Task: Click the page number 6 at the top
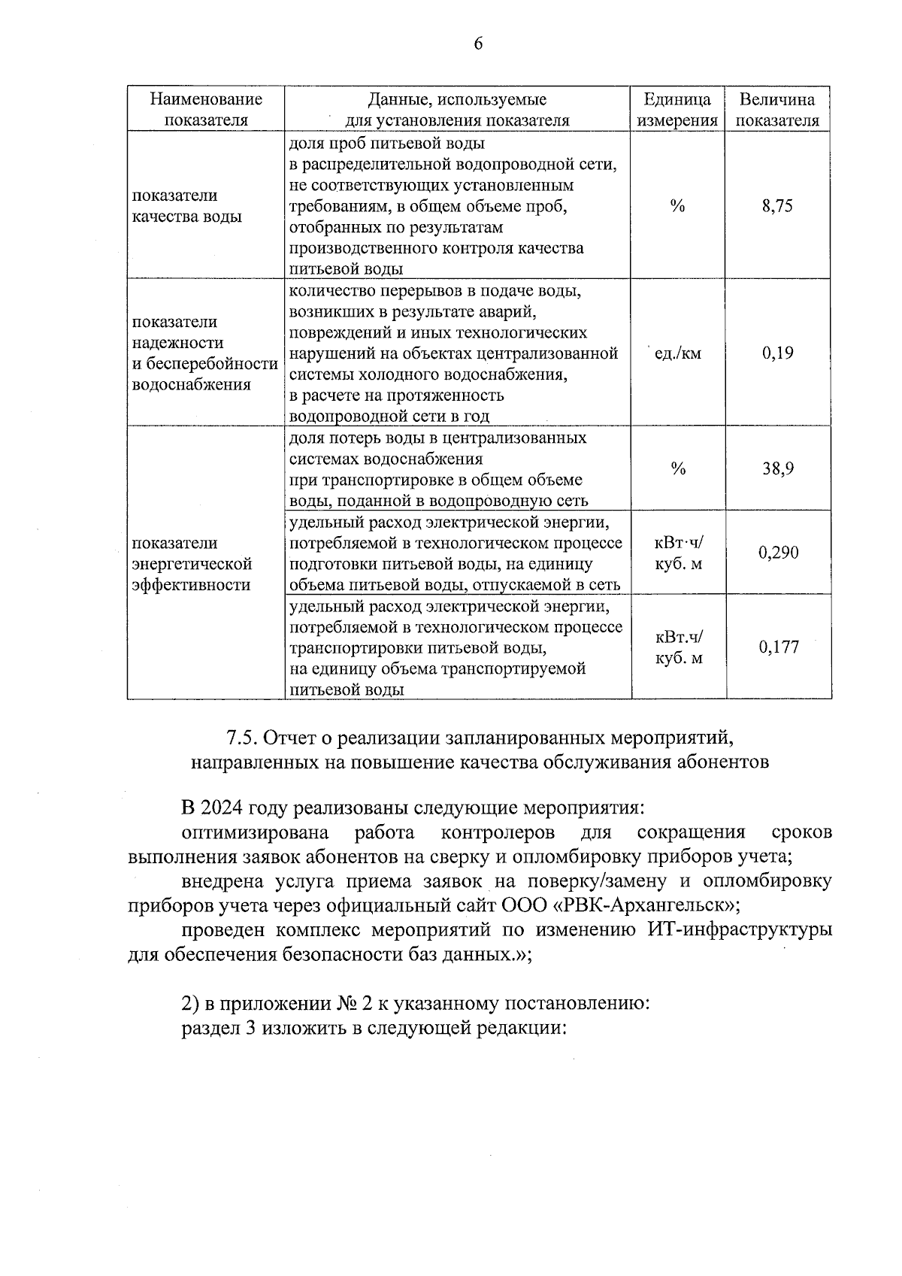click(x=477, y=44)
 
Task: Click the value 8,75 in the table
click(x=777, y=206)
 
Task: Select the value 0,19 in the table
click(x=777, y=353)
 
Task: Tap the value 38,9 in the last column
click(x=779, y=468)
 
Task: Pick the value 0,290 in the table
click(x=779, y=553)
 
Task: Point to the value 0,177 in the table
click(x=779, y=647)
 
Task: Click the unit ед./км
click(x=678, y=353)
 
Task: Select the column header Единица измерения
click(x=677, y=110)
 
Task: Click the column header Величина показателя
click(x=777, y=110)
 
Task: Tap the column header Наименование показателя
click(x=206, y=110)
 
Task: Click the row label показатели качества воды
click(x=187, y=206)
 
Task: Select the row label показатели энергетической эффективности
click(x=192, y=564)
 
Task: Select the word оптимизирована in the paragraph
click(x=256, y=832)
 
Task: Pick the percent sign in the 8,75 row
click(x=678, y=206)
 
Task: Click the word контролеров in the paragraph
click(x=498, y=832)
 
